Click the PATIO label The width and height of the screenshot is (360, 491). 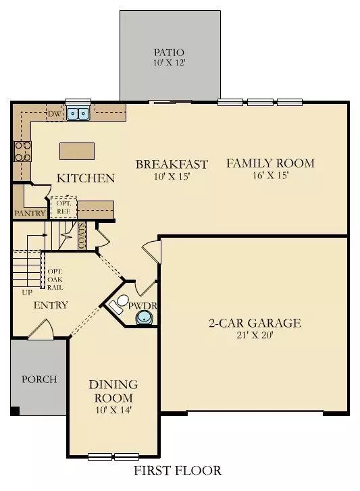point(170,51)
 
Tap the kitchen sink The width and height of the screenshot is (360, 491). point(79,114)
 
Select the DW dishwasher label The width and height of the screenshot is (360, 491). point(54,113)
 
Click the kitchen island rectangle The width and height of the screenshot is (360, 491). point(76,151)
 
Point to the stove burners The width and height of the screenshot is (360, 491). point(22,152)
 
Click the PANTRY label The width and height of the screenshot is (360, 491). point(30,213)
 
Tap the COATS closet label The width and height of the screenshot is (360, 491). point(82,236)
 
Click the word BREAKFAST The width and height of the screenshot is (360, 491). point(172,164)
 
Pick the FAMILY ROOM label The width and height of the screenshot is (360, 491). point(270,163)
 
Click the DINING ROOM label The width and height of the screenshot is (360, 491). point(113,391)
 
